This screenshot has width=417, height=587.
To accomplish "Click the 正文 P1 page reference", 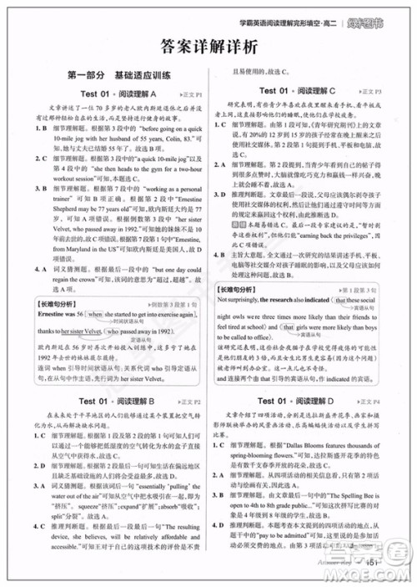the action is click(x=189, y=94).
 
